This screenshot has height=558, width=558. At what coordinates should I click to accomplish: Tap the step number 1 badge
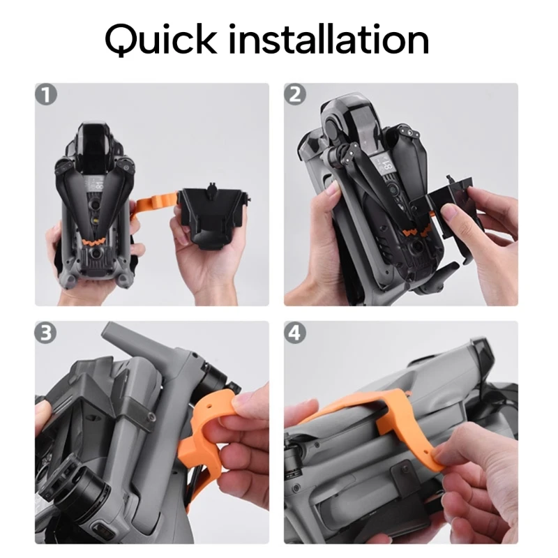pyautogui.click(x=46, y=94)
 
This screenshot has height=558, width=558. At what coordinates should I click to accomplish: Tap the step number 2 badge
pyautogui.click(x=295, y=94)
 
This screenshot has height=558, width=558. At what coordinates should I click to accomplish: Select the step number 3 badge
pyautogui.click(x=45, y=333)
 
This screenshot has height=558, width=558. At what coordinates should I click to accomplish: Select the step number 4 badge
pyautogui.click(x=295, y=333)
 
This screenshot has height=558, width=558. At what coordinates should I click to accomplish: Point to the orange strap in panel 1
pyautogui.click(x=155, y=204)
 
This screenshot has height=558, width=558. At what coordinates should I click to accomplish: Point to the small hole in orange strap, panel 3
pyautogui.click(x=209, y=406)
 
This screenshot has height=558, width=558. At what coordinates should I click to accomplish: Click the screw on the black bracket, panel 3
pyautogui.click(x=152, y=416)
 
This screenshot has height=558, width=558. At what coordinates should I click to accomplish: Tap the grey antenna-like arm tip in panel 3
pyautogui.click(x=110, y=329)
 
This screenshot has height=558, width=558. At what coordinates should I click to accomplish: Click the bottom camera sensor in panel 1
pyautogui.click(x=96, y=254)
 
